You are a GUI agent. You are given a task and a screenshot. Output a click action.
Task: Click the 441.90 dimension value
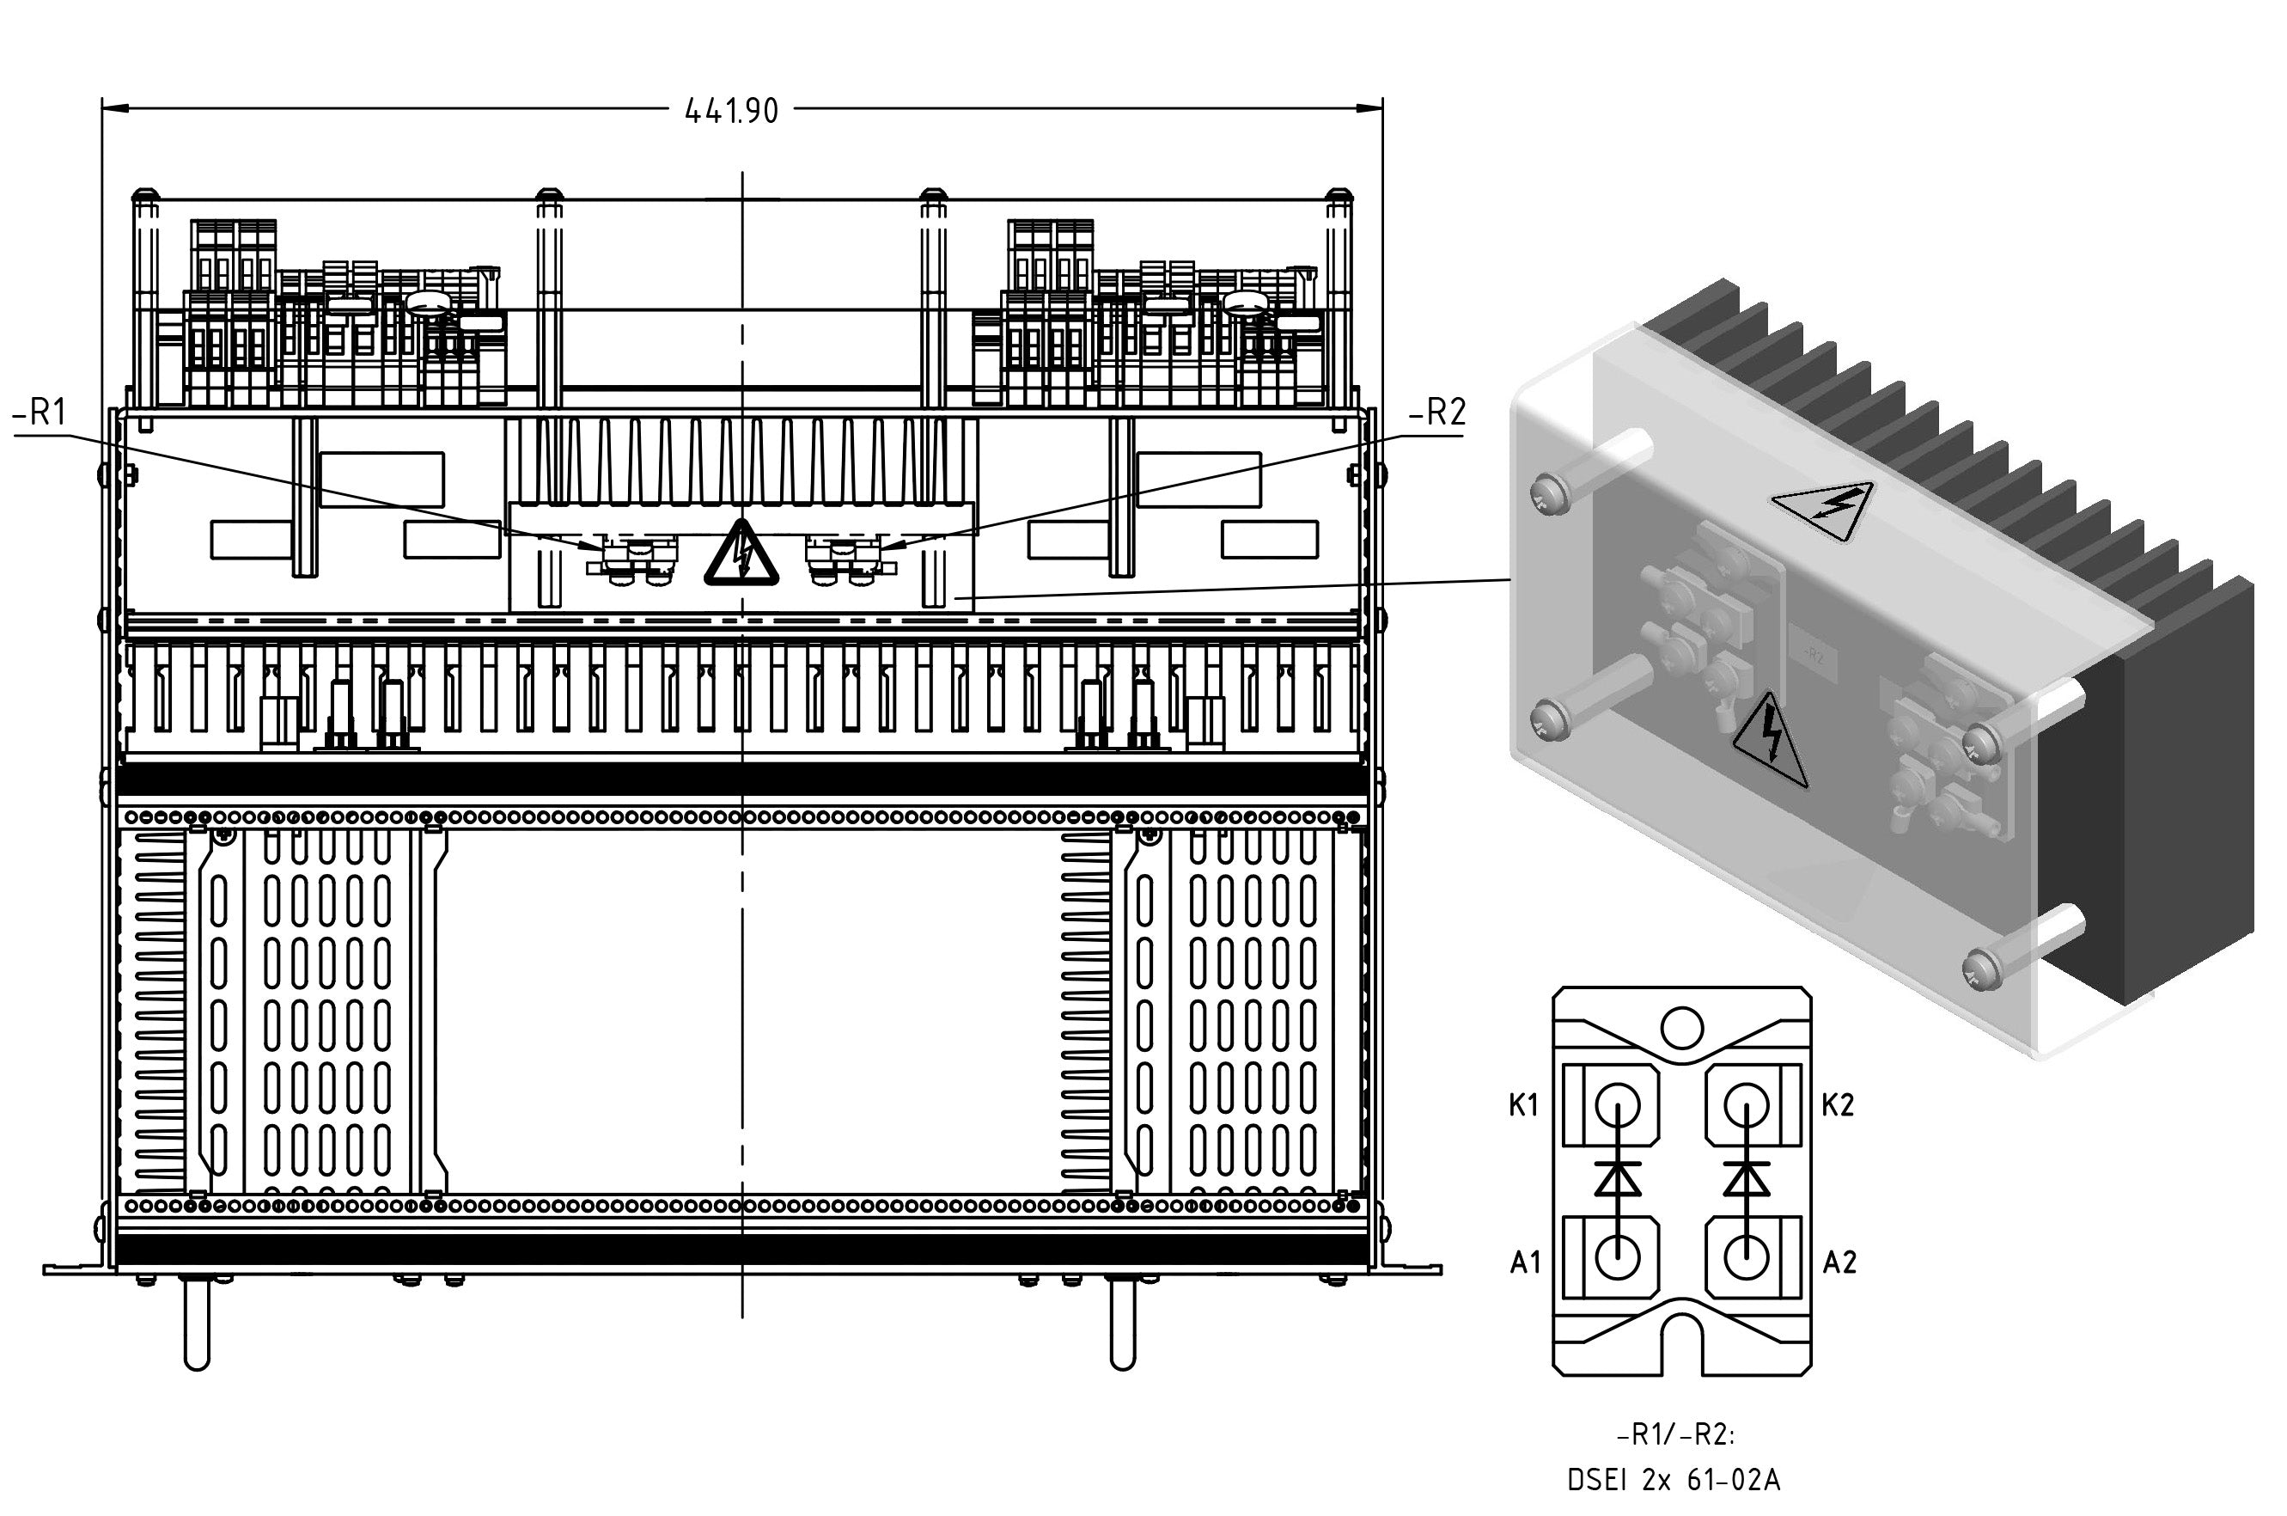[731, 111]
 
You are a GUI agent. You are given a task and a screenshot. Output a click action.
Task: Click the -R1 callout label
[40, 413]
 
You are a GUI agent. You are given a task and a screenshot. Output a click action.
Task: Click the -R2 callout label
[1437, 413]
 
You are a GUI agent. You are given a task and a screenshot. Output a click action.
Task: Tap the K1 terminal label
[1523, 1105]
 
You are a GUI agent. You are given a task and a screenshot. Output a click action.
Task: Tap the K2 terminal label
[1838, 1105]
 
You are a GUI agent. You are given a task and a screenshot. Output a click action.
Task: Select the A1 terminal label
[1524, 1262]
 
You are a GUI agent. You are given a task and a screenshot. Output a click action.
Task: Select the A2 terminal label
[1839, 1262]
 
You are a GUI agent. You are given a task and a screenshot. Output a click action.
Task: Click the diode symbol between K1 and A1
[1617, 1179]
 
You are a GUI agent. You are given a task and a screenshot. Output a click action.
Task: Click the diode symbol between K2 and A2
[1746, 1179]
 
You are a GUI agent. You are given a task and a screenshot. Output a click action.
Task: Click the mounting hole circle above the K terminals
[1682, 1027]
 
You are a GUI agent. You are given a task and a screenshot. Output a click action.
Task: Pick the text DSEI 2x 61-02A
[1674, 1480]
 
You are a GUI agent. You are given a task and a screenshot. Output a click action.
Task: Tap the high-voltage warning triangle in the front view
[741, 554]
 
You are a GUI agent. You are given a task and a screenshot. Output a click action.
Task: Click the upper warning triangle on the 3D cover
[1823, 511]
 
